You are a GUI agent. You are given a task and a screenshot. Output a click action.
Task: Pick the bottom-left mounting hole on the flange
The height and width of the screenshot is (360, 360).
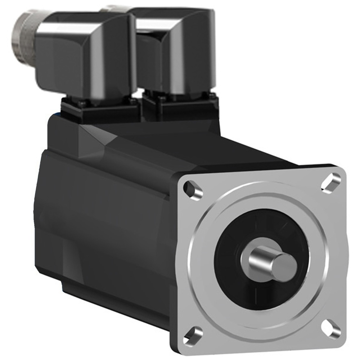coord(192,334)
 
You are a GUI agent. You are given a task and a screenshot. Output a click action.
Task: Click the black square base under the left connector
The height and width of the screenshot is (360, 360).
coord(101,108)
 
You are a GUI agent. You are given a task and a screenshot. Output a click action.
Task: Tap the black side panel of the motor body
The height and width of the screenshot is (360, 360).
coord(108,223)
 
